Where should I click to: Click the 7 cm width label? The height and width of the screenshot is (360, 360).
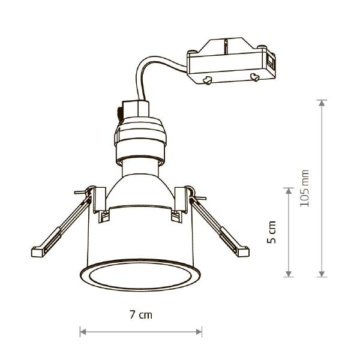(x=141, y=314)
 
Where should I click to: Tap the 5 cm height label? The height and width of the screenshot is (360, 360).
(x=271, y=232)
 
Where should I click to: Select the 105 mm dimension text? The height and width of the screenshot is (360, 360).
(x=304, y=188)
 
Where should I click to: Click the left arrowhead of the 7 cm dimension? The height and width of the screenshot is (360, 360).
(x=83, y=332)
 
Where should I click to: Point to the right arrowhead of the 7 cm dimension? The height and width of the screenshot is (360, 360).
(x=199, y=332)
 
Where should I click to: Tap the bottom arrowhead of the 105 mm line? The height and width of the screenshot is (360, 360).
(x=322, y=274)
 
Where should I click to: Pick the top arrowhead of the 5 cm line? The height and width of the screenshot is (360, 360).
(x=289, y=191)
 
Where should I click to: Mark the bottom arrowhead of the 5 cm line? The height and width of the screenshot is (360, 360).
(x=289, y=274)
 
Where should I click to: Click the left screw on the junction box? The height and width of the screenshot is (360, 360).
(x=207, y=80)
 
